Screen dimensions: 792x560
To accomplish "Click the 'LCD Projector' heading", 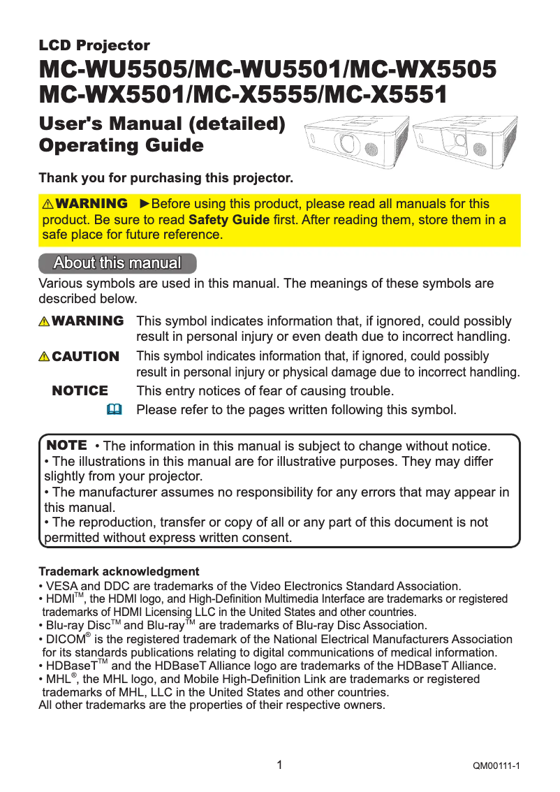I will tap(94, 46).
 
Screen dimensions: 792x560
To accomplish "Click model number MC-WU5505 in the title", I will tap(112, 71).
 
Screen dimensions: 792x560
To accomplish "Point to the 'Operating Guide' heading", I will tap(121, 146).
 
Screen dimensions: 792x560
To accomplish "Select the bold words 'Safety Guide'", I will tap(229, 220).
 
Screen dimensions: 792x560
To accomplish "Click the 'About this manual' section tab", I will tap(117, 263).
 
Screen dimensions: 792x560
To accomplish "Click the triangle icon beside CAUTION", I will tap(45, 357).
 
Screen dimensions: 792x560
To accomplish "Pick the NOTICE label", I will tap(80, 391).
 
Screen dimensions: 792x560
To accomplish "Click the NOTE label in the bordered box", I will tap(66, 445).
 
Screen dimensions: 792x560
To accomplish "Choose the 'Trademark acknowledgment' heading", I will tap(119, 571).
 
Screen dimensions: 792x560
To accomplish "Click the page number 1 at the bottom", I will tap(279, 765).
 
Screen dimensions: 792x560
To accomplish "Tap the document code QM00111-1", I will tap(496, 767).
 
